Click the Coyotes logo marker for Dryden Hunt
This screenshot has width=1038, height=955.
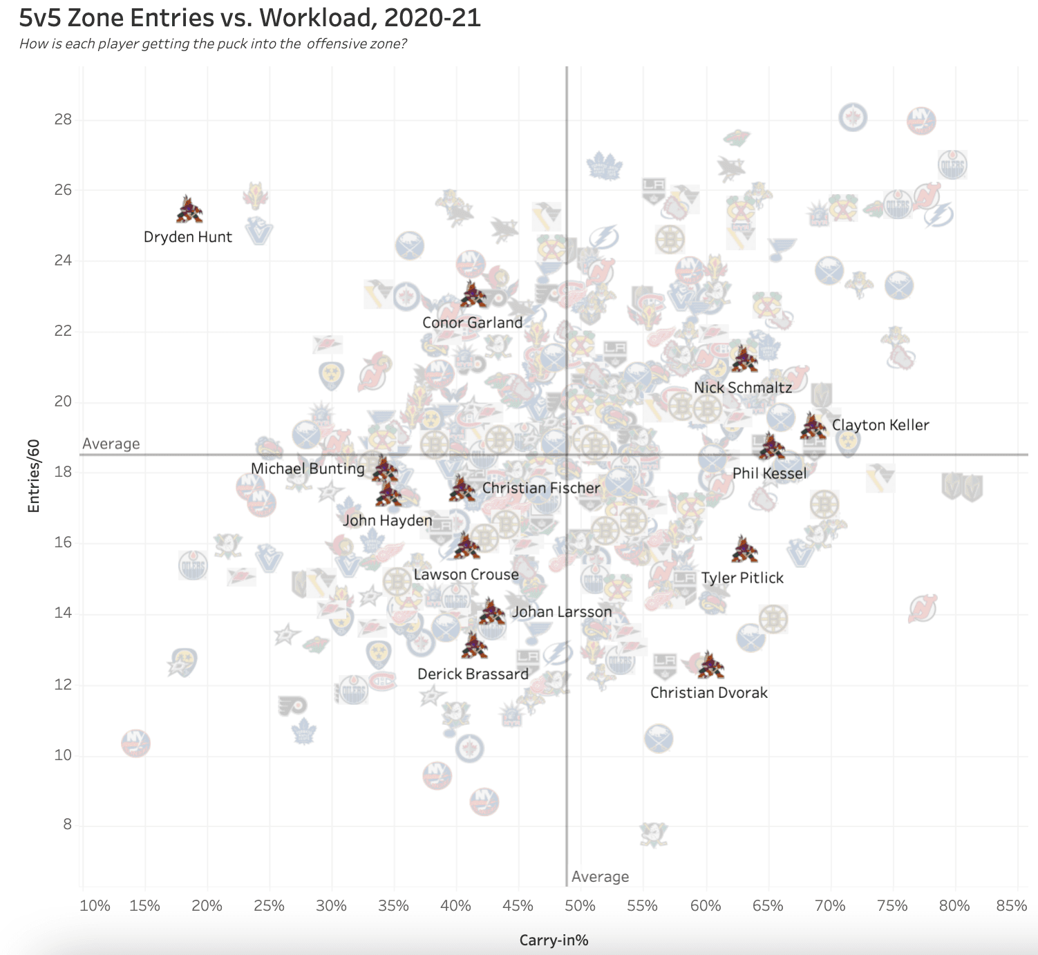189,210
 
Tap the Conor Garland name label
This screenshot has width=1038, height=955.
472,323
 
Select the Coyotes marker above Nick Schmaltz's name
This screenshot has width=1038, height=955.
744,359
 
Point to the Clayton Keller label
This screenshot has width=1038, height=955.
880,425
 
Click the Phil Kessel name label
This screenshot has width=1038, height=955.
769,473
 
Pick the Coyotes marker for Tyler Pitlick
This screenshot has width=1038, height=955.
744,550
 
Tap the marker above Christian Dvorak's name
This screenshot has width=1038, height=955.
710,665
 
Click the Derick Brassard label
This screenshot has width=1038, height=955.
473,674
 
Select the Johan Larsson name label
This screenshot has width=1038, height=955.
561,612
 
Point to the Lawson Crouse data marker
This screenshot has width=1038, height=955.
467,547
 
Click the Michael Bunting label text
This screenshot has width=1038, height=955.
308,469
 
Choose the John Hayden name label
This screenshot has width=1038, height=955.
387,520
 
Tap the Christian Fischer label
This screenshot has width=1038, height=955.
541,488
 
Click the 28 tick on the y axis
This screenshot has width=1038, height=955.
63,120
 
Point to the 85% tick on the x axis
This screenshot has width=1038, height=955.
1011,906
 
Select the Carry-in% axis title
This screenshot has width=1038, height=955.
554,940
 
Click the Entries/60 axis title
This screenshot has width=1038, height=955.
34,476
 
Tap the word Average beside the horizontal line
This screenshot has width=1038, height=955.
111,444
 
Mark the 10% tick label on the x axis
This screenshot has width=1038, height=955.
95,906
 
